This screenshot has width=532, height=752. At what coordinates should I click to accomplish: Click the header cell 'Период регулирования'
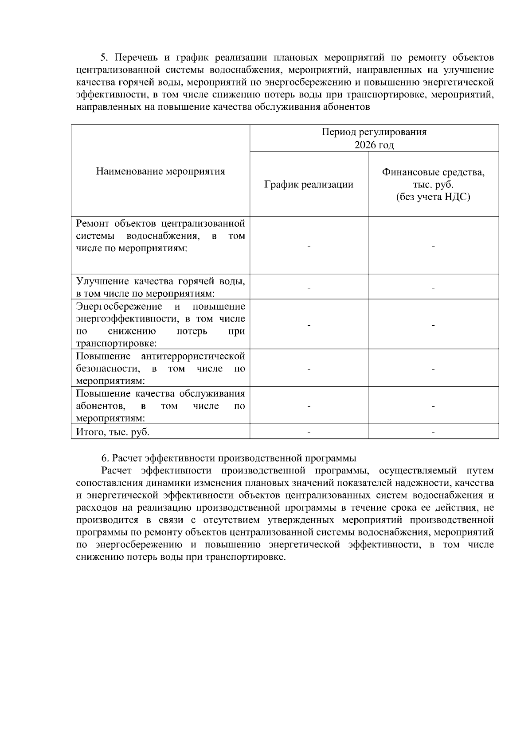(x=374, y=132)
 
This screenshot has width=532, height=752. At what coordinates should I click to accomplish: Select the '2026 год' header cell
(x=374, y=145)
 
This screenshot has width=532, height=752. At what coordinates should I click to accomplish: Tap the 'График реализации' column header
(x=309, y=184)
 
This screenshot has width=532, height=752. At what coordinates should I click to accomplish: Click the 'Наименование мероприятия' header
(x=160, y=171)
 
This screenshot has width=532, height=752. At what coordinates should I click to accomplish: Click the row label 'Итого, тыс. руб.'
(x=113, y=432)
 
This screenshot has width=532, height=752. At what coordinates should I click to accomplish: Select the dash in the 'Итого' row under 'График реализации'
(x=309, y=432)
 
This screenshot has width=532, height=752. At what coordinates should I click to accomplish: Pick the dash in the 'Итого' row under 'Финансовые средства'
(x=433, y=432)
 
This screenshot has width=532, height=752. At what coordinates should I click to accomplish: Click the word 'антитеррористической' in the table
(x=193, y=356)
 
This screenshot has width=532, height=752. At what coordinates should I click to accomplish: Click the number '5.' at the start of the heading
(x=104, y=58)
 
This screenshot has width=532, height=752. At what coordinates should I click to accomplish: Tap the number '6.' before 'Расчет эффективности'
(x=105, y=458)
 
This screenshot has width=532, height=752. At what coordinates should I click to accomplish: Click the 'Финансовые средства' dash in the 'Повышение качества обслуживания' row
(x=433, y=406)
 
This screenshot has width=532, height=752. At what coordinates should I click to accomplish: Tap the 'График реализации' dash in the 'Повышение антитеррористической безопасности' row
(x=309, y=369)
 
